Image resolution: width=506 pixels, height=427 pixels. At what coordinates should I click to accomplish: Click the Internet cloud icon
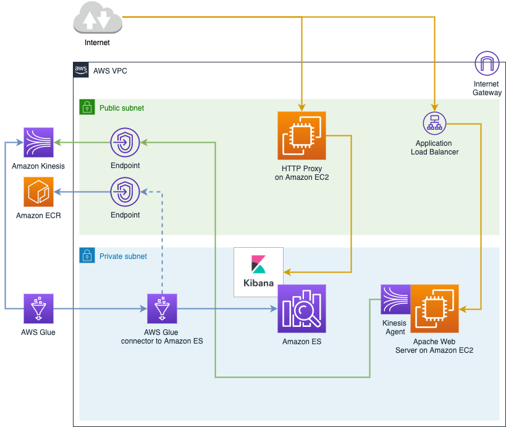coord(98,18)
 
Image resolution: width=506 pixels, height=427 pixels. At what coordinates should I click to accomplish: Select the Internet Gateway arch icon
coord(487,63)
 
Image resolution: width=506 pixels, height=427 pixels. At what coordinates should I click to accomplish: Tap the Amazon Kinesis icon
coord(38,142)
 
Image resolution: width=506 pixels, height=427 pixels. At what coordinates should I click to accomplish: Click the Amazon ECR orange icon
coord(38,192)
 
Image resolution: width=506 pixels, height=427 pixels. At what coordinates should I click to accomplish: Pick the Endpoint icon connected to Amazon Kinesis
coord(125,142)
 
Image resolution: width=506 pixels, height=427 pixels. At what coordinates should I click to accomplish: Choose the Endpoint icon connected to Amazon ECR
coord(125,192)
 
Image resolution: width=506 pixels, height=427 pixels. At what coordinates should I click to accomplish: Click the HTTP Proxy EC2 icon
coord(301,135)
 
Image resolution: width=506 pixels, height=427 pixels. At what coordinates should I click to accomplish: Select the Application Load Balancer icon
coord(435,124)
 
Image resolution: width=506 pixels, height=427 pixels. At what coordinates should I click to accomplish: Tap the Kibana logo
coord(258,272)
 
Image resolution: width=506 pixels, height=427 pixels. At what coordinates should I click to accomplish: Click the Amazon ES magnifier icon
coord(301,308)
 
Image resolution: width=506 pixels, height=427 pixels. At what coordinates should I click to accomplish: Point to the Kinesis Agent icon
coord(395,299)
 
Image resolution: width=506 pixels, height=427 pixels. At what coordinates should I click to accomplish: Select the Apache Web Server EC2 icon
coord(434,308)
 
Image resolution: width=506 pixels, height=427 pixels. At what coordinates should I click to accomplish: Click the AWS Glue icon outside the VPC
coord(38,308)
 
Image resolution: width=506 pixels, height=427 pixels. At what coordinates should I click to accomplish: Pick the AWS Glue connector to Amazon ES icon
coord(162,308)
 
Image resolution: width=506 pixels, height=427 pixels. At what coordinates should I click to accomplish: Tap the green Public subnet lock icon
coord(87,107)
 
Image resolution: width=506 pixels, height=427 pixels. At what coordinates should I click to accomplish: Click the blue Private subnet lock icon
coord(87,255)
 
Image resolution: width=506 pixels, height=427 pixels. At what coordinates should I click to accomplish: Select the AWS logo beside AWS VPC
coord(81,70)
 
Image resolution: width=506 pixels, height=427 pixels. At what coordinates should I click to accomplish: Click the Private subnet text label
coord(123,256)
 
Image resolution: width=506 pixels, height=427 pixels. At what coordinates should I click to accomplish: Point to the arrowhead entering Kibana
coord(287,272)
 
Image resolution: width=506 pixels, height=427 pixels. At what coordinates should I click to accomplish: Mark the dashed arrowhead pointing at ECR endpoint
coord(144,192)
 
